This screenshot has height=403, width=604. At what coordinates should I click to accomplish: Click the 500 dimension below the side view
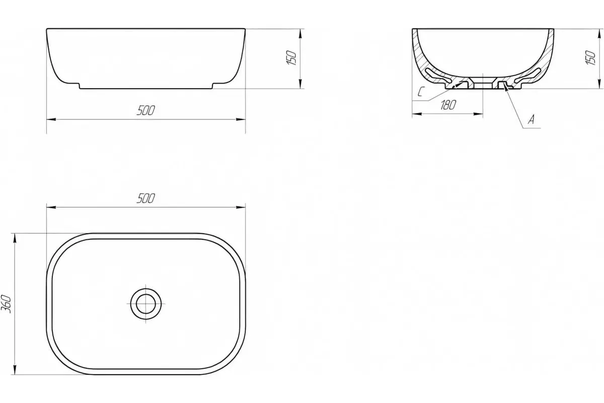coord(145,110)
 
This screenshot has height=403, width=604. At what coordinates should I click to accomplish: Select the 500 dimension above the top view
coord(145,198)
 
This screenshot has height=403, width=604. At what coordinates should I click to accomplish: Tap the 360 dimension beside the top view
coord(6,304)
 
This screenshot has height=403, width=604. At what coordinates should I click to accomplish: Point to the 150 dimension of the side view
coord(291,57)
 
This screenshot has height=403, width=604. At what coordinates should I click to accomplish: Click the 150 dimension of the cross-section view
coord(590,57)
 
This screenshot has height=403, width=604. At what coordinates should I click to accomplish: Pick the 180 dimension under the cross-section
coord(448,105)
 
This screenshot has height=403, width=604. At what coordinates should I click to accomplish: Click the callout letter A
coord(532,119)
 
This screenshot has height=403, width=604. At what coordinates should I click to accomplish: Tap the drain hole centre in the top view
coord(146,304)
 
